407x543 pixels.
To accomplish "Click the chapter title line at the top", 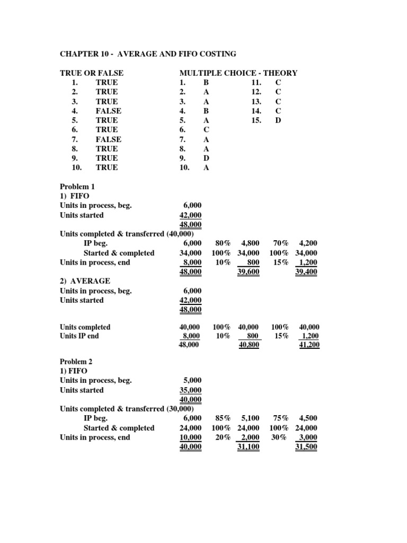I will point(148,54).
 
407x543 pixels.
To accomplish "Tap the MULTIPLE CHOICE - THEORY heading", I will point(238,73).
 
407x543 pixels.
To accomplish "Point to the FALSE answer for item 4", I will point(108,111).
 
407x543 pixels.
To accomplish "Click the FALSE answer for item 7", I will point(108,139).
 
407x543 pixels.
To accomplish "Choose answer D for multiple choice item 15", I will point(278,120).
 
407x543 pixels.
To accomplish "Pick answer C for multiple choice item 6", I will point(206,130).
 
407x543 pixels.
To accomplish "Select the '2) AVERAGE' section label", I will point(85,281).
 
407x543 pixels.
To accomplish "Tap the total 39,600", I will point(249,272).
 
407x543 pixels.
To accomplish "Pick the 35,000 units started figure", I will point(190,390).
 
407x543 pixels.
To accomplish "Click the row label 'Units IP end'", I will point(79,336).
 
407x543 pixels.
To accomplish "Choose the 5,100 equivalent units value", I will point(249,418).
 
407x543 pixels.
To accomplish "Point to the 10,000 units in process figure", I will point(190,437).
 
